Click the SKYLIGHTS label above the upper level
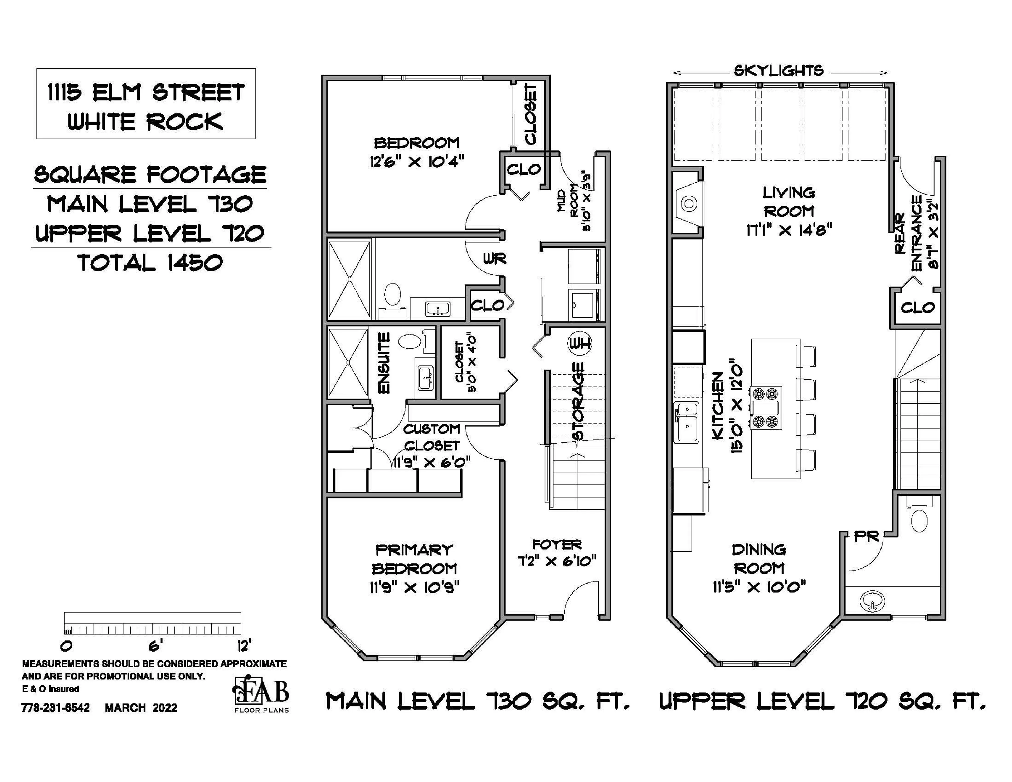click(779, 71)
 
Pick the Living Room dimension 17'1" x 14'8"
click(789, 230)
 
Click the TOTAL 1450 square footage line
click(150, 263)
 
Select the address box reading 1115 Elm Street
click(146, 104)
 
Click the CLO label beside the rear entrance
click(917, 307)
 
